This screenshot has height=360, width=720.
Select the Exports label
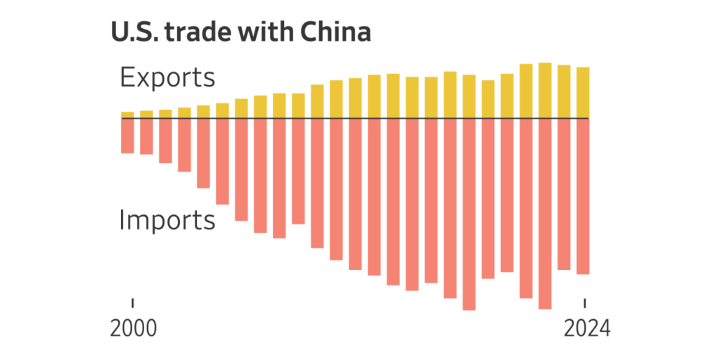[x=167, y=77]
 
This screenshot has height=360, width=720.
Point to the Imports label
[x=167, y=220]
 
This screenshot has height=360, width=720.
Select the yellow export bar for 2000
[x=127, y=115]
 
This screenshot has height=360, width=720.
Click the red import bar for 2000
[x=127, y=136]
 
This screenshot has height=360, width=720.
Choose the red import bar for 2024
[x=583, y=196]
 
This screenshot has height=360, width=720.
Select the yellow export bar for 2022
[x=545, y=91]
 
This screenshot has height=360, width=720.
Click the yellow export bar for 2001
[x=146, y=115]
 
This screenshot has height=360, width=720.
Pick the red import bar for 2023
[x=564, y=194]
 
